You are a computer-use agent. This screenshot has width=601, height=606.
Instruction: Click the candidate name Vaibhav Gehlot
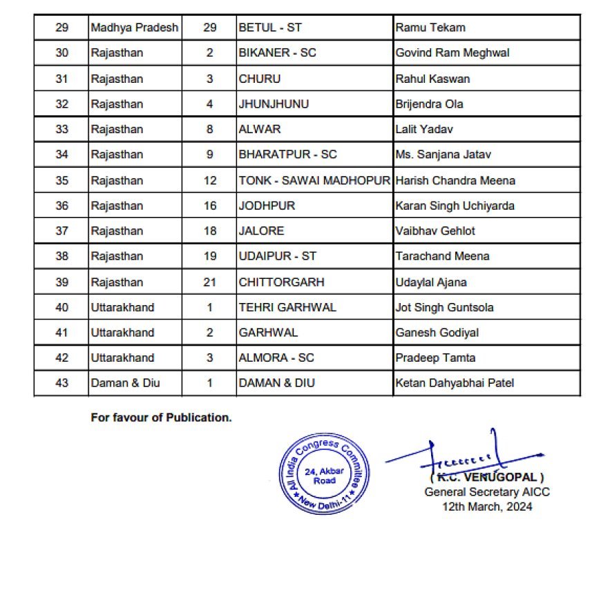coord(435,231)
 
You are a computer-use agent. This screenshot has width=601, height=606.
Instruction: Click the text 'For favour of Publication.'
coord(161,418)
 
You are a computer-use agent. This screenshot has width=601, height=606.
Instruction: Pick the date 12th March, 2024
coord(487,506)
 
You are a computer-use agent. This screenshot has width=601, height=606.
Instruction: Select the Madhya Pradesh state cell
coord(135,28)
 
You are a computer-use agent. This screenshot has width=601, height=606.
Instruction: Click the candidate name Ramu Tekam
coord(430,28)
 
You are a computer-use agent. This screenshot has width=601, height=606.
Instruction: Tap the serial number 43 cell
coord(61,382)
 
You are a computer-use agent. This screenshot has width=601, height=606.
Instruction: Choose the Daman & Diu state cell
coord(125,382)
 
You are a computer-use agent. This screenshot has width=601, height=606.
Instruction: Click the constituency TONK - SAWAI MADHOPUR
coord(314,180)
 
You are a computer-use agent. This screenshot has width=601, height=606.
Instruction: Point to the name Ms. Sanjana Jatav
coord(442,155)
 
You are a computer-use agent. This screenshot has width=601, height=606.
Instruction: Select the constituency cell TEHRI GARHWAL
coord(287,307)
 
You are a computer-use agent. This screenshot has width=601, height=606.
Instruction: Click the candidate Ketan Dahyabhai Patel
coord(455,382)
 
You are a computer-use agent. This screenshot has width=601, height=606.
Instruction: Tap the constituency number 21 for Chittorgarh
coord(210,282)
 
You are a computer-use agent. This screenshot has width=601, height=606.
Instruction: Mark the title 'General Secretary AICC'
coord(487,492)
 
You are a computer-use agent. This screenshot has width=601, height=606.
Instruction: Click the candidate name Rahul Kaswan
coord(432,79)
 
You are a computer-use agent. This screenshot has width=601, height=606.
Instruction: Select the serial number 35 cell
coord(61,180)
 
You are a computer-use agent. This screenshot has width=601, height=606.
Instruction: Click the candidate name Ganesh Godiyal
coord(437,332)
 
